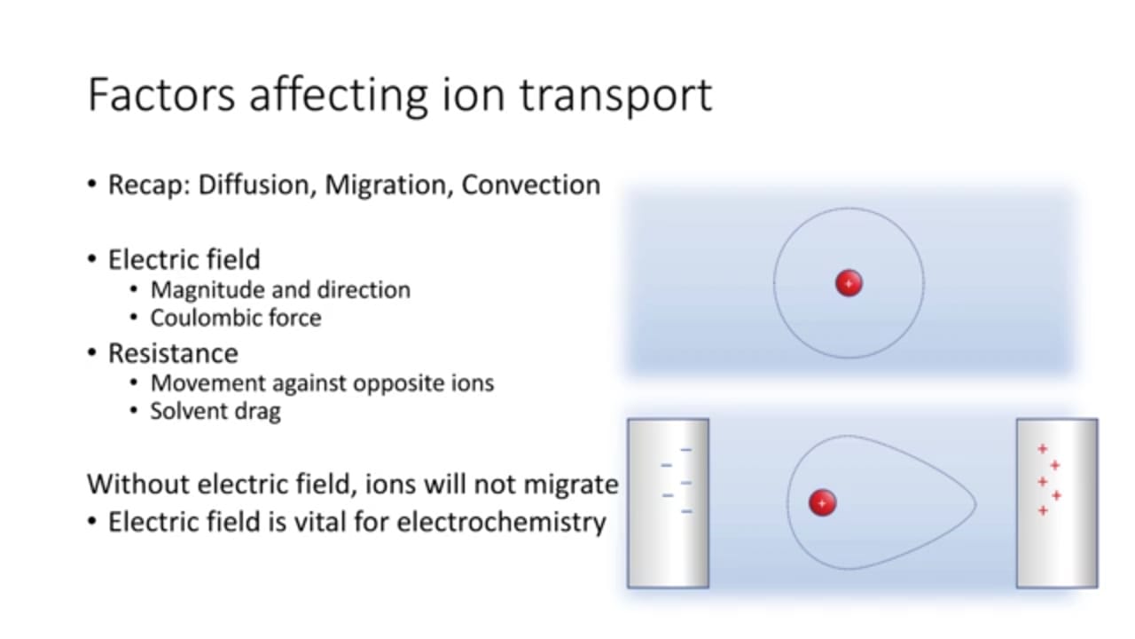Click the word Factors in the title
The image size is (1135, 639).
161,95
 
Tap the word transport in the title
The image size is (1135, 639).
616,98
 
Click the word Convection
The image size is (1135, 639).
530,185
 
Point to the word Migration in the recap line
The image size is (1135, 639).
389,185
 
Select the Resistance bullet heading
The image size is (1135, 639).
173,353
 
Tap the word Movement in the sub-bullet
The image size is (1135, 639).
207,383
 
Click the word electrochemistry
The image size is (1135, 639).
502,522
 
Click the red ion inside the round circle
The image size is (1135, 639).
849,283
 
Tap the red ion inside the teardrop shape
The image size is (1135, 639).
822,502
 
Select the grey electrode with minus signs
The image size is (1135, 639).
668,503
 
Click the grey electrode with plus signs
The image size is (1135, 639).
1057,503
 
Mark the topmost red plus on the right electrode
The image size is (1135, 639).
1042,449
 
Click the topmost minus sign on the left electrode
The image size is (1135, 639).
685,450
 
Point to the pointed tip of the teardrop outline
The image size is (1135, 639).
976,504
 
